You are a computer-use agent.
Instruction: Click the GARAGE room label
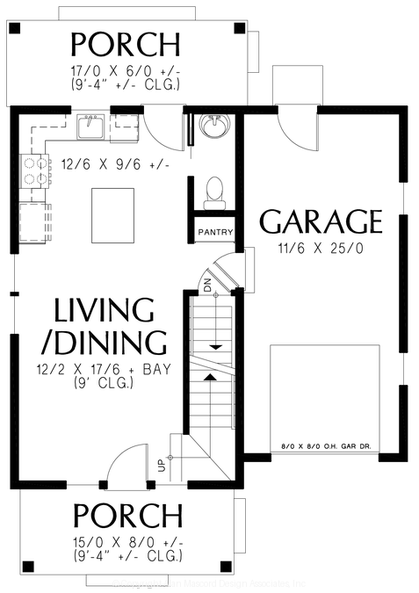tap(321, 221)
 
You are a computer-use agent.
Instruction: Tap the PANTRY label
tap(215, 233)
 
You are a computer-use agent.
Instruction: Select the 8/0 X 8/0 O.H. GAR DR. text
tap(321, 445)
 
